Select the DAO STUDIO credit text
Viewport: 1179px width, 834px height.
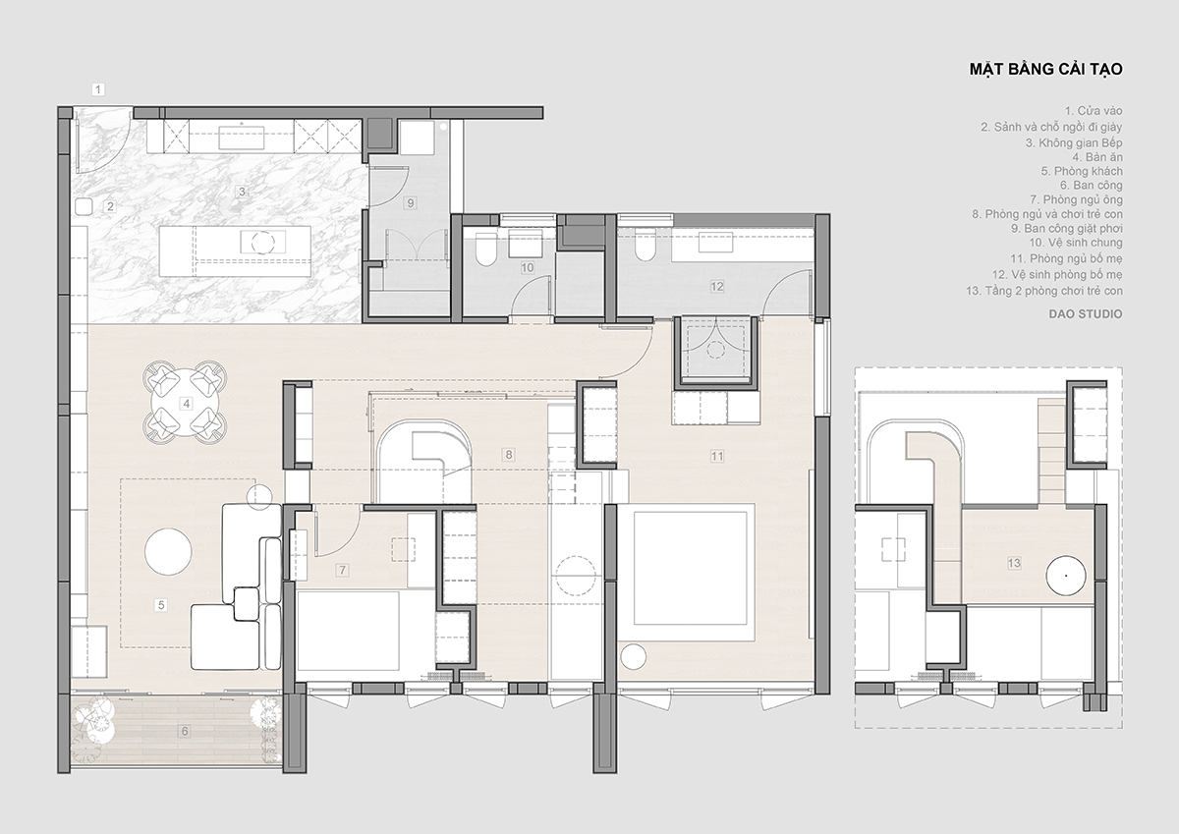click(1086, 314)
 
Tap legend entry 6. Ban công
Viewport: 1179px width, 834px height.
click(1092, 186)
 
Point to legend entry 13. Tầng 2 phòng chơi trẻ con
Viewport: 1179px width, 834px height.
click(1044, 291)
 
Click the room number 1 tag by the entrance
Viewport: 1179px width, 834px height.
click(98, 89)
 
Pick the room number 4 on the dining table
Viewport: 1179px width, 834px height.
click(186, 404)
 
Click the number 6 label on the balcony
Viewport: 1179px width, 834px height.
click(185, 731)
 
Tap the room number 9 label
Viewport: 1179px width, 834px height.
click(411, 202)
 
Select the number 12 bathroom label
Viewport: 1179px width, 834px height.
click(717, 286)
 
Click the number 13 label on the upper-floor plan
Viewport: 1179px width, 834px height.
click(1014, 563)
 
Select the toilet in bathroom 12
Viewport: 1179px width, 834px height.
click(646, 247)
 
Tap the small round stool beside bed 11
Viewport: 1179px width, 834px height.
click(633, 656)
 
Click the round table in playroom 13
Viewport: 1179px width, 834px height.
click(1066, 576)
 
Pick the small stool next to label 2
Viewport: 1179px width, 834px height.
click(84, 206)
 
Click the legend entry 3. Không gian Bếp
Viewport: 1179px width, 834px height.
click(1074, 143)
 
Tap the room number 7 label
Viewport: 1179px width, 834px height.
click(343, 570)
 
